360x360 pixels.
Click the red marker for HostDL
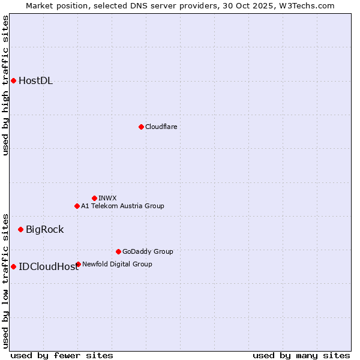pyautogui.click(x=13, y=80)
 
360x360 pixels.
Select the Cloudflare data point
pyautogui.click(x=141, y=127)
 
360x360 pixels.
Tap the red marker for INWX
pyautogui.click(x=94, y=198)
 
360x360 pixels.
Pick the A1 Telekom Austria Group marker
pyautogui.click(x=77, y=206)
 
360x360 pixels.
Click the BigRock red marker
pyautogui.click(x=20, y=229)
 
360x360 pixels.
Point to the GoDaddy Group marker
pyautogui.click(x=118, y=251)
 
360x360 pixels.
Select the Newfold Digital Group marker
pyautogui.click(x=78, y=264)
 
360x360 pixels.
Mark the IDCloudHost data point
pyautogui.click(x=13, y=266)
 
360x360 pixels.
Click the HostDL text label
pyautogui.click(x=35, y=81)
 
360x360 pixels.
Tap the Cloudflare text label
pyautogui.click(x=161, y=127)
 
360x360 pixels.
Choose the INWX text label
pyautogui.click(x=107, y=198)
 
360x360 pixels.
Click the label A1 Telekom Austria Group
pyautogui.click(x=122, y=206)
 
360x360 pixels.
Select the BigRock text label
pyautogui.click(x=44, y=229)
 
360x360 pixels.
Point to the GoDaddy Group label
pyautogui.click(x=147, y=251)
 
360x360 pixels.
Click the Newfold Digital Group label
pyautogui.click(x=117, y=264)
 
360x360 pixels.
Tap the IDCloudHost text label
pyautogui.click(x=49, y=267)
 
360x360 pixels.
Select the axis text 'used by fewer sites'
pyautogui.click(x=62, y=355)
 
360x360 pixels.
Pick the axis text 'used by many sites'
pyautogui.click(x=301, y=355)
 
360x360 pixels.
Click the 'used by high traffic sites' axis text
pyautogui.click(x=5, y=85)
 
